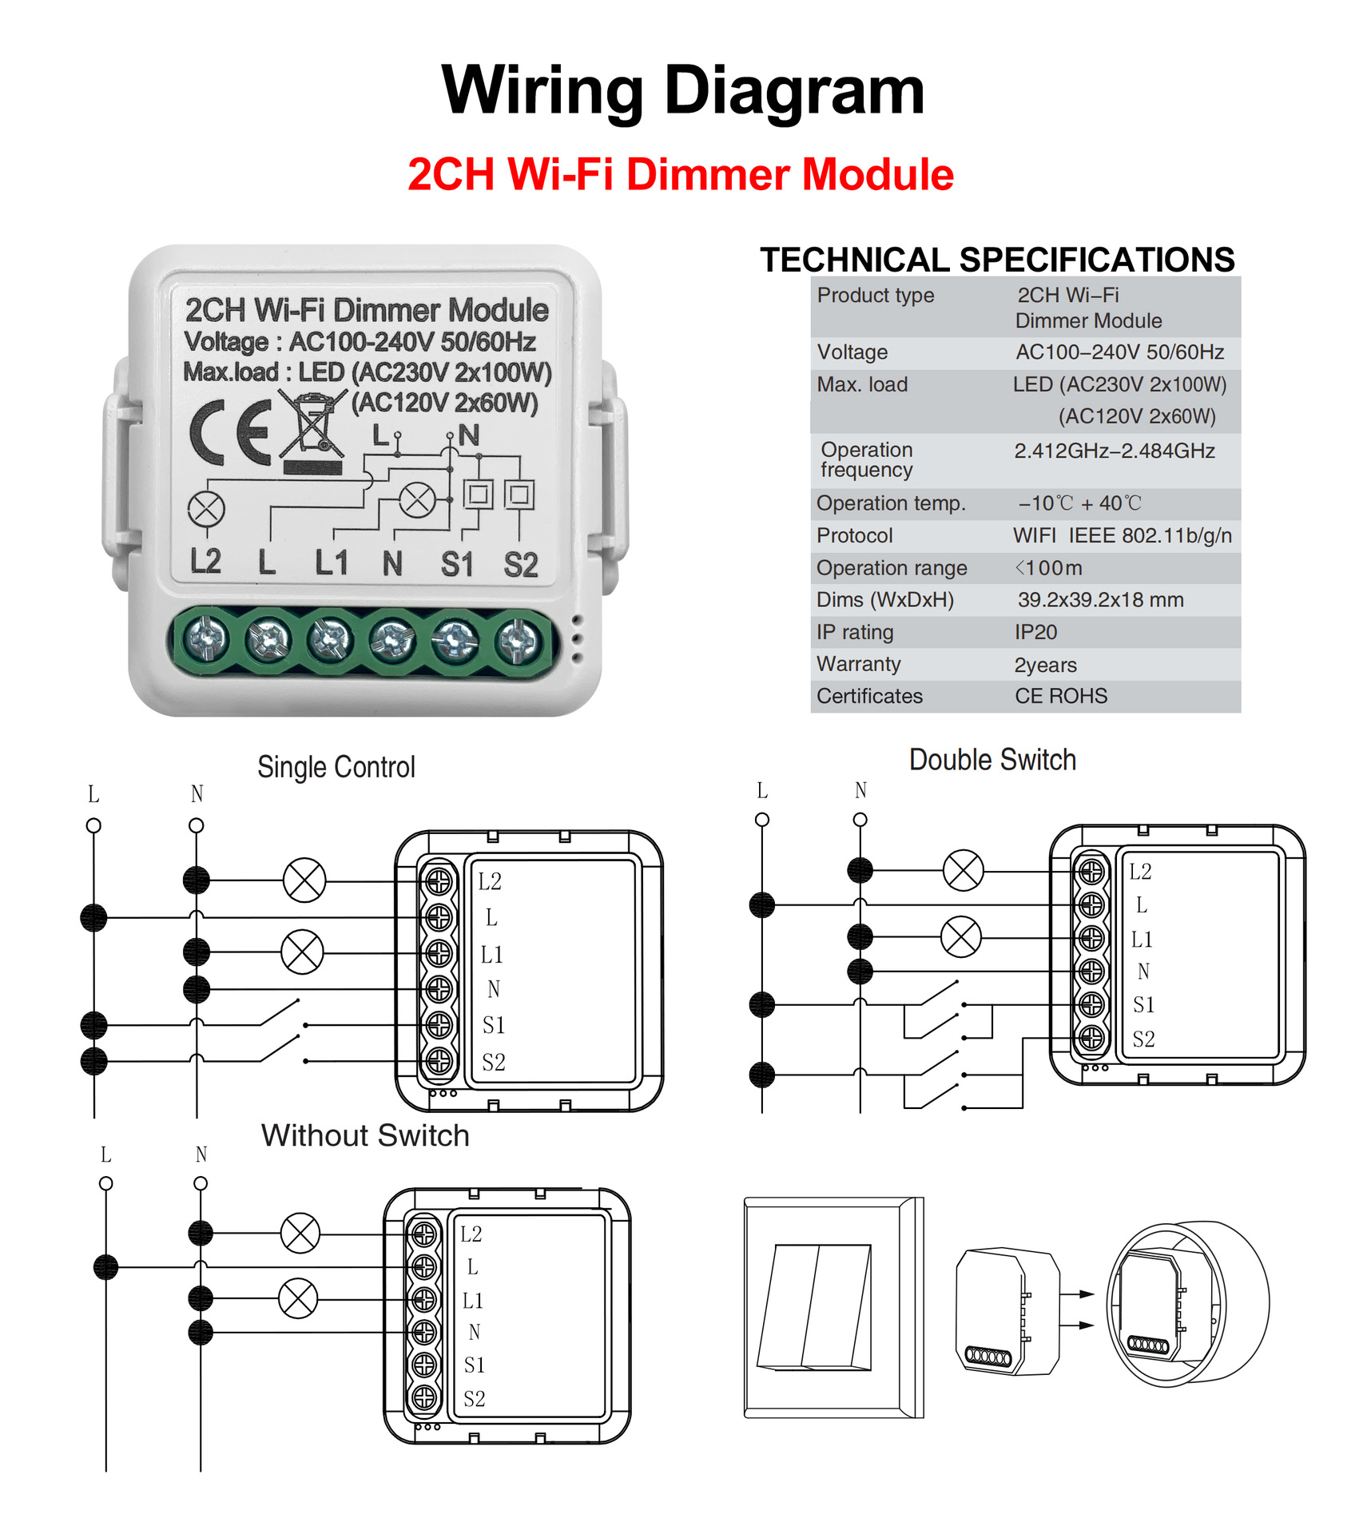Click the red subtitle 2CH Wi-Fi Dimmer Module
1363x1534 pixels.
tap(680, 174)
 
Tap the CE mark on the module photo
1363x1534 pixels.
tap(231, 432)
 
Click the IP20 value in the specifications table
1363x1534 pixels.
tap(1035, 632)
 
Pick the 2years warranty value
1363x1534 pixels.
tap(1045, 665)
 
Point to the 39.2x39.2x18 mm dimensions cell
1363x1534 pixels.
tap(1100, 600)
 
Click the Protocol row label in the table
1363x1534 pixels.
tap(854, 535)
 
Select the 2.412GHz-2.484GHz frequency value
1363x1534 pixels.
tap(1114, 451)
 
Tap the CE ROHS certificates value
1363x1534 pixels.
tap(1060, 697)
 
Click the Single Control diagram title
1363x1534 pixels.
tap(336, 767)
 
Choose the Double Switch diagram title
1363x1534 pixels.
tap(992, 760)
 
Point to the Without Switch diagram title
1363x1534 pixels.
tap(365, 1135)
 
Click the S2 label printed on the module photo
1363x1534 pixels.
tap(520, 564)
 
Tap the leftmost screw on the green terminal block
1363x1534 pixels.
tap(206, 638)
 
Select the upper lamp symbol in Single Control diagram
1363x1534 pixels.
tap(304, 880)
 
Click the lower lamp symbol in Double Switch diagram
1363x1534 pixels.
tap(961, 936)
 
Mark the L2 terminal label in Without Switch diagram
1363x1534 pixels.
tap(471, 1234)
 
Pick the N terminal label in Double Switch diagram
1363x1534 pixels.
tap(1143, 972)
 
